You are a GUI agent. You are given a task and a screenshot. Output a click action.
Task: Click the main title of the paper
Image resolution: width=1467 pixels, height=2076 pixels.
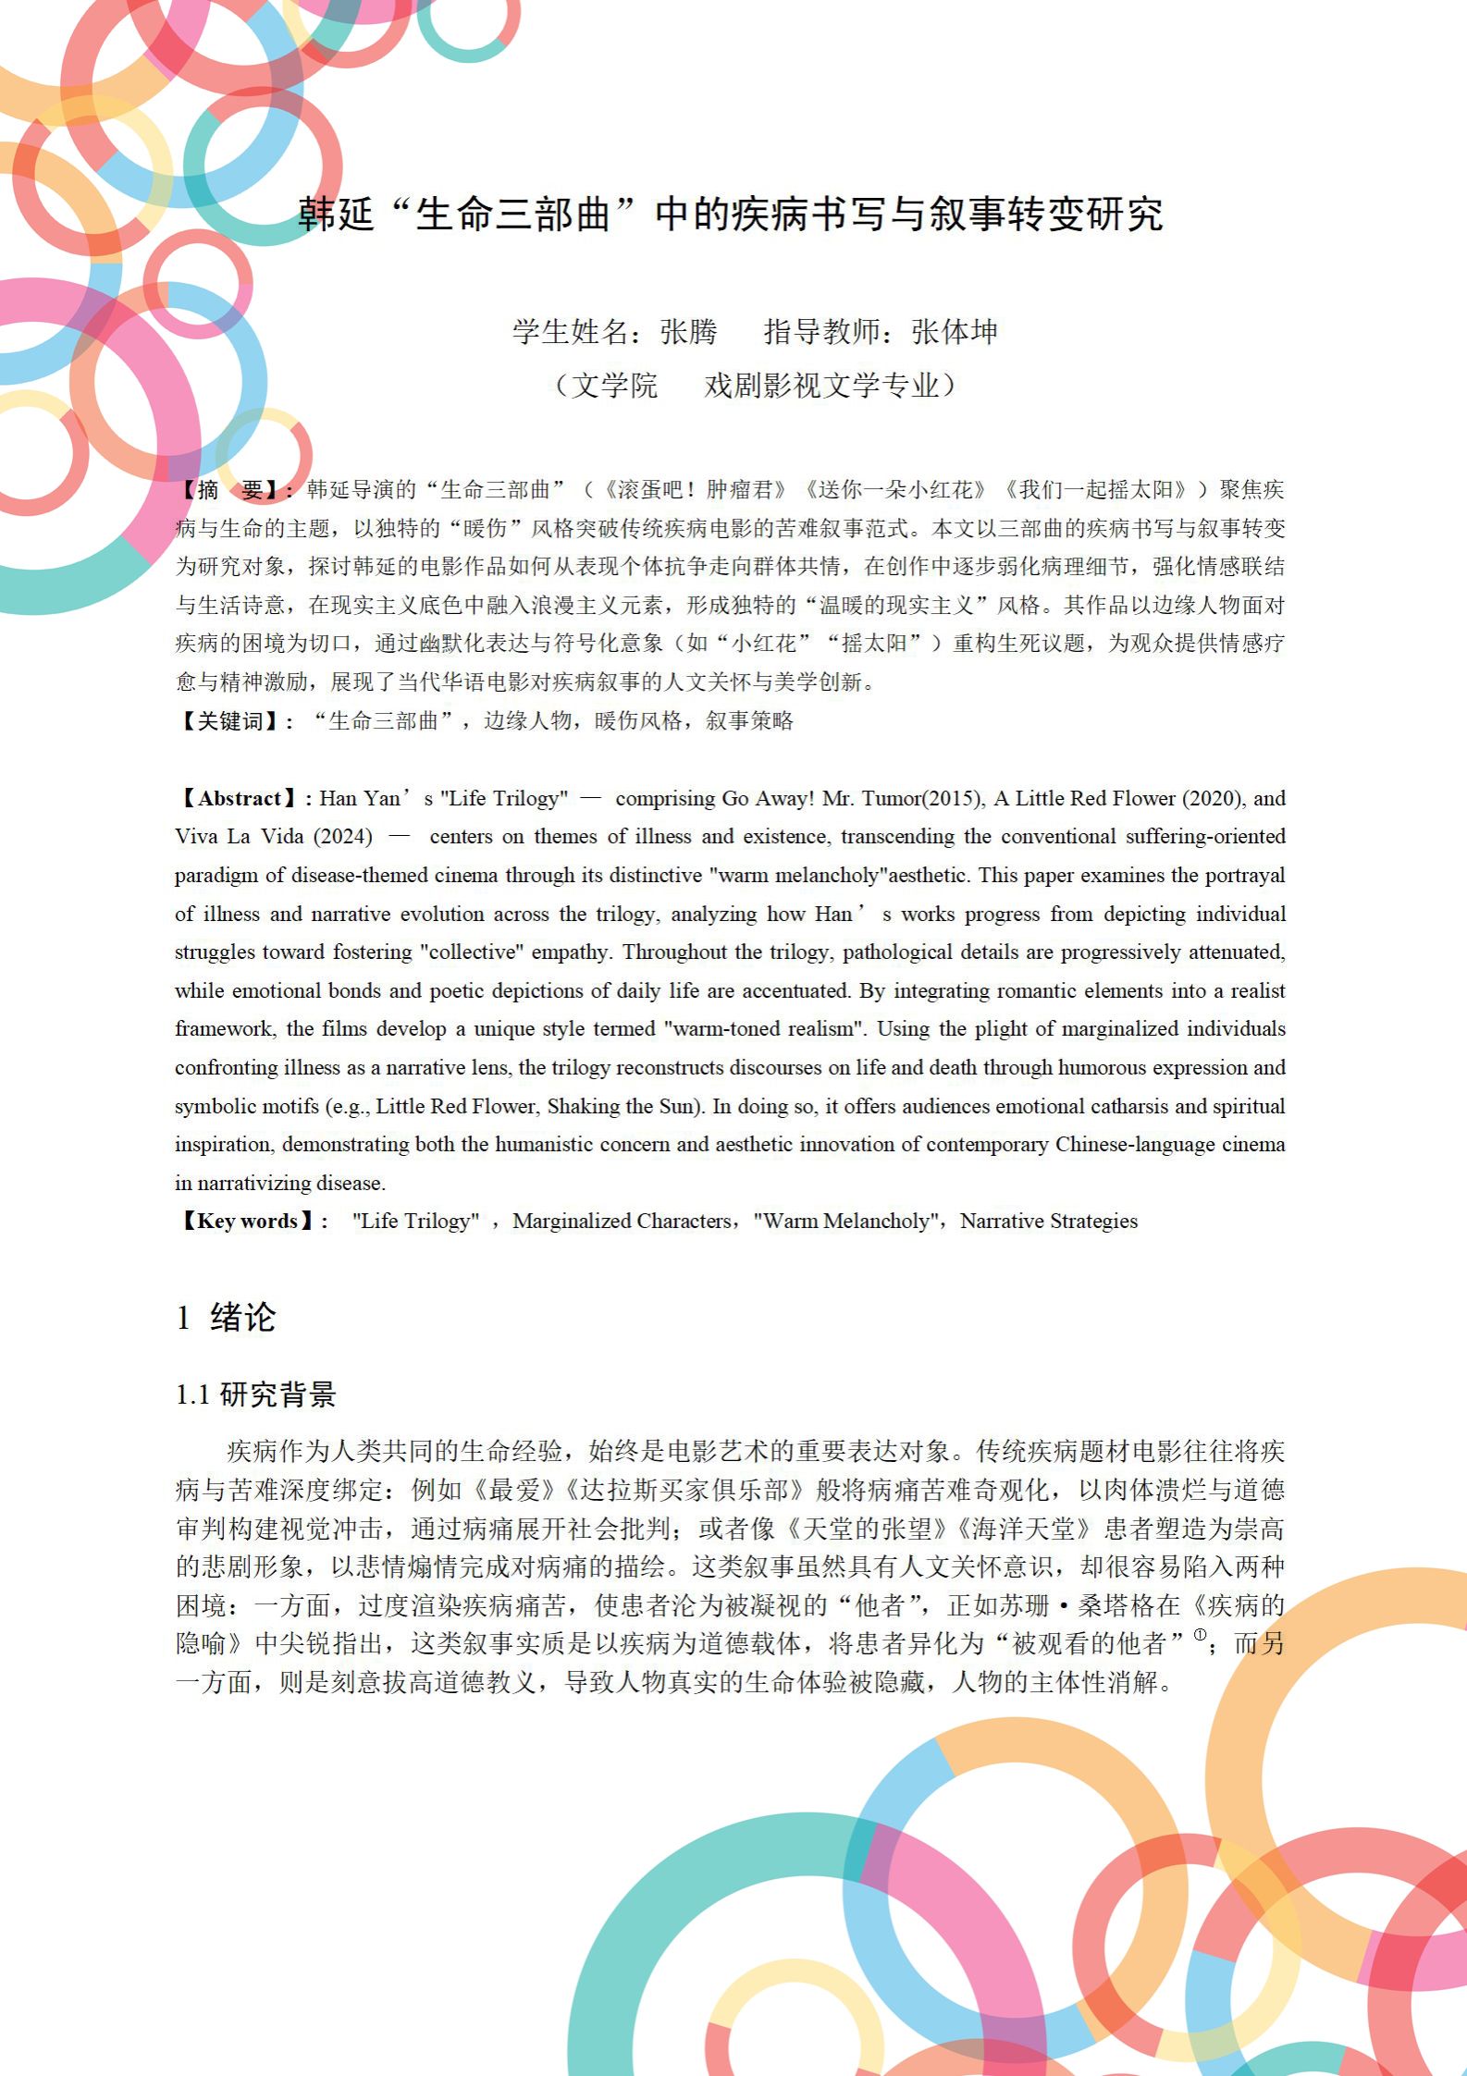pos(731,215)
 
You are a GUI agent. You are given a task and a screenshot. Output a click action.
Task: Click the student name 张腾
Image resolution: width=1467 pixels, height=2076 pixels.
pos(688,332)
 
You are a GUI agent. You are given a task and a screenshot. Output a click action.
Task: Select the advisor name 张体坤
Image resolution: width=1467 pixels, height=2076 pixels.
pos(954,332)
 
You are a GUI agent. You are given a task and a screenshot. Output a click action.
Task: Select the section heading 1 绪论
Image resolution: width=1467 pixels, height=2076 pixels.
pos(227,1317)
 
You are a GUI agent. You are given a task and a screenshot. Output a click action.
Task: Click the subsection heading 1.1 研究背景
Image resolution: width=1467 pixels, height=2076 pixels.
pos(256,1394)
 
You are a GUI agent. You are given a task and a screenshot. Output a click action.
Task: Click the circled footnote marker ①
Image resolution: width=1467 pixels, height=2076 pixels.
pos(1200,1635)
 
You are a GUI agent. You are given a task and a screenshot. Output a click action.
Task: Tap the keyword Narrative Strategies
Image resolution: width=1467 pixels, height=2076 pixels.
pos(1048,1222)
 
